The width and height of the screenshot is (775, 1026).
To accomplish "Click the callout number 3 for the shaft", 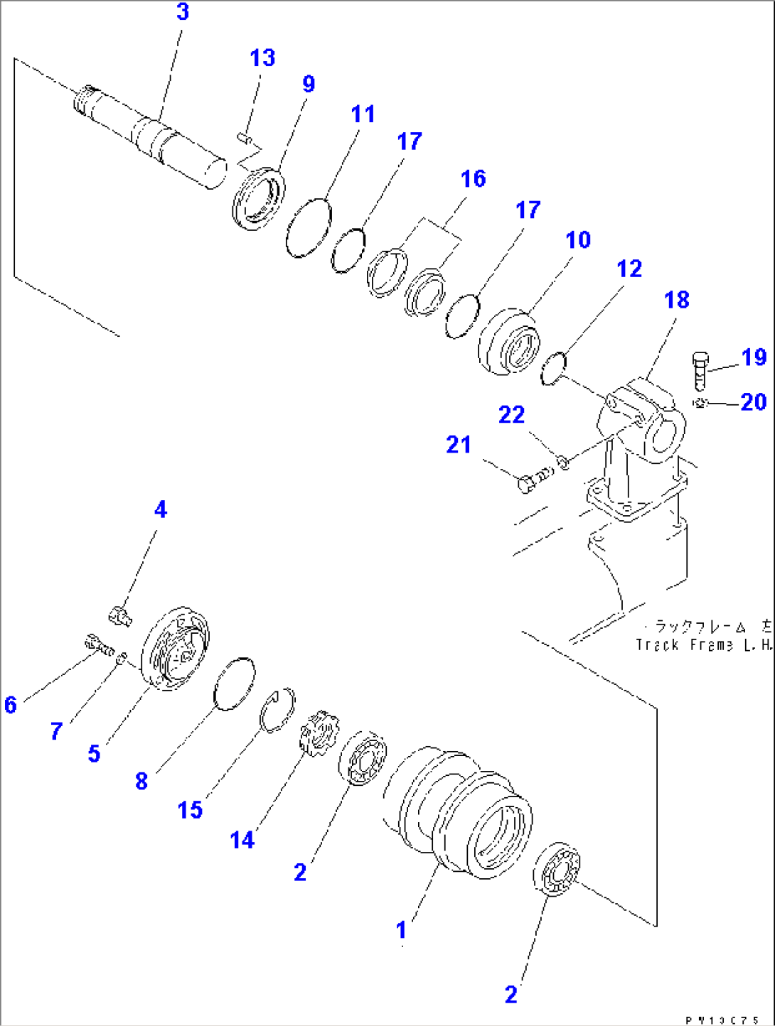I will click(183, 12).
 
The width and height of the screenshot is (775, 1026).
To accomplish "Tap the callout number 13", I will click(262, 58).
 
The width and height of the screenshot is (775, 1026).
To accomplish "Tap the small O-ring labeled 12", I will click(552, 368).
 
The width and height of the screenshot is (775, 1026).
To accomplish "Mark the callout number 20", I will click(753, 402).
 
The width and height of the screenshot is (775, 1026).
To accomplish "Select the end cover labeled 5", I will click(176, 649).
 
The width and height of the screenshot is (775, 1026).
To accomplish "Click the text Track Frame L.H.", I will click(702, 644).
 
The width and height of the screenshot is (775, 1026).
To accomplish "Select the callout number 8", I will click(141, 781).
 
